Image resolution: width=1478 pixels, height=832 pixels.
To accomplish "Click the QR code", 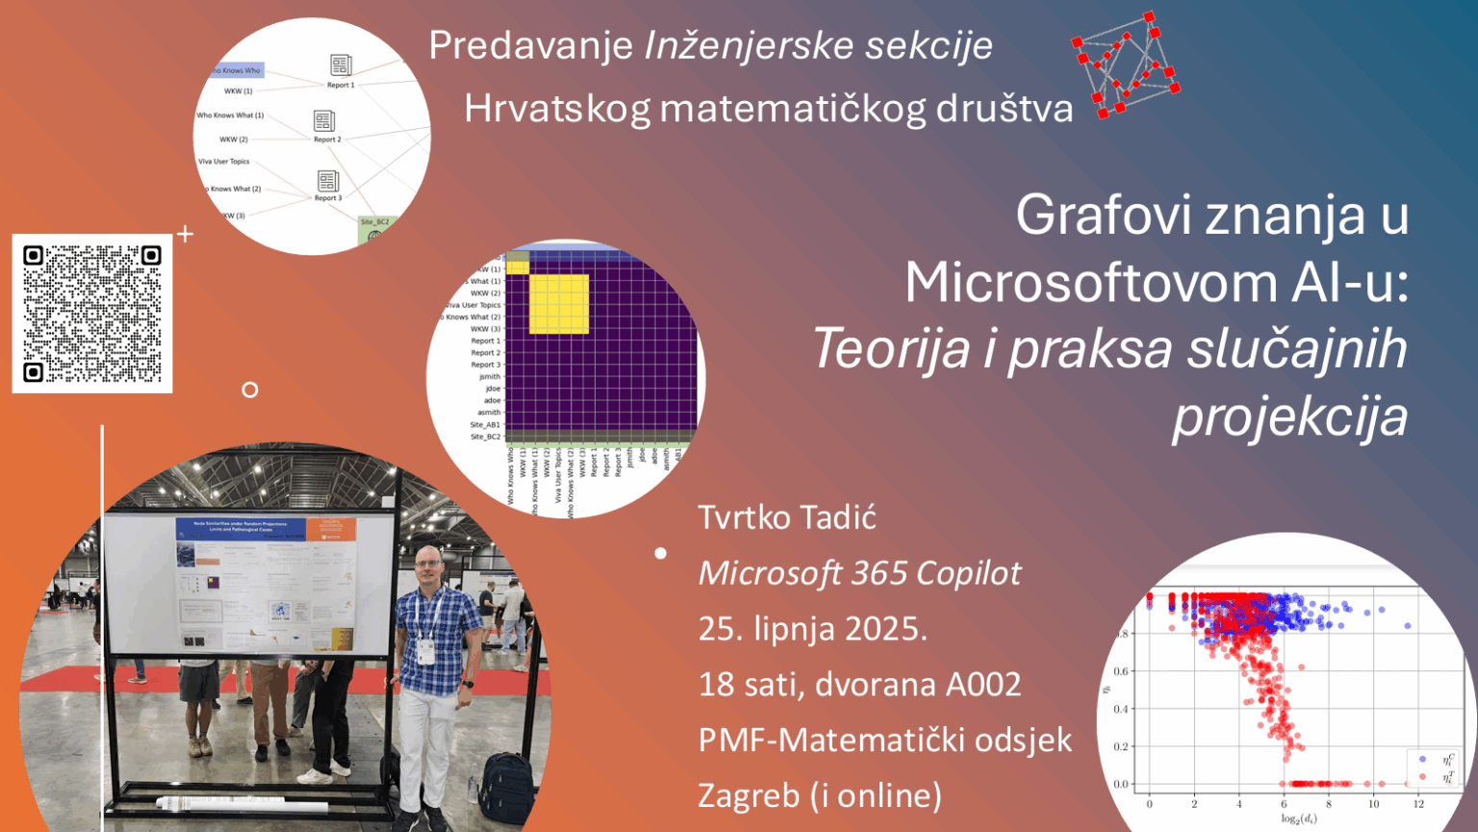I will (x=92, y=314).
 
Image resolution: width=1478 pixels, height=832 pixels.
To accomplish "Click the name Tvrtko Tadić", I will (x=786, y=517).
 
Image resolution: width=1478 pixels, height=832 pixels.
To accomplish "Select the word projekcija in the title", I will (x=1289, y=416).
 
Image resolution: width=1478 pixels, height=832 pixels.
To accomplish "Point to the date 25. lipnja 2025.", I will (x=812, y=629).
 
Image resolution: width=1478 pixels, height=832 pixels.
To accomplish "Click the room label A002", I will (x=982, y=685).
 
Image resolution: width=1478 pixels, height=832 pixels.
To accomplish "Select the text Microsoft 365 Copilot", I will (x=859, y=573).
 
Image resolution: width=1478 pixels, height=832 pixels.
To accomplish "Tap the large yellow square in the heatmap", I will (x=559, y=304).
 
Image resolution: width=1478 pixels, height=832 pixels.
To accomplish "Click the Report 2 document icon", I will (x=324, y=120).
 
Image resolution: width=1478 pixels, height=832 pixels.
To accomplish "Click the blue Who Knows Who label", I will (x=237, y=70).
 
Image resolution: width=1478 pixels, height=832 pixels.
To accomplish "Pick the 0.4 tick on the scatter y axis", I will (x=1121, y=709).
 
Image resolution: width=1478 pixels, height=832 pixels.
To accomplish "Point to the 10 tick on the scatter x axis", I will (x=1373, y=803).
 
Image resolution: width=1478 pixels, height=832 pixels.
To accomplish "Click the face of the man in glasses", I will (x=429, y=566).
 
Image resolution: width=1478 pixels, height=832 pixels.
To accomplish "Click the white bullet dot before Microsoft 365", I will (x=661, y=553).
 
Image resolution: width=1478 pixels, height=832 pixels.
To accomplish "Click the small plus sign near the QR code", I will (x=186, y=233).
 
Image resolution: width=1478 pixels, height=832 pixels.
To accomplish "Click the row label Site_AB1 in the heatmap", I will (x=485, y=424).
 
